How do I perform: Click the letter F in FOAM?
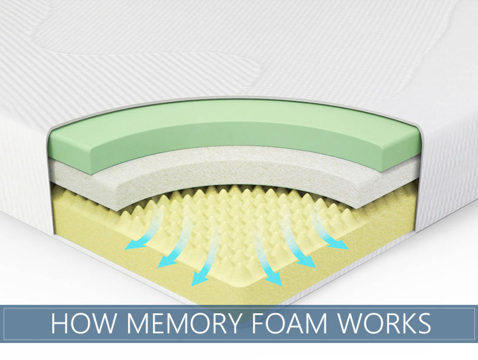coord(270,324)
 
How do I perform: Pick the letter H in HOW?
coord(59,324)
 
